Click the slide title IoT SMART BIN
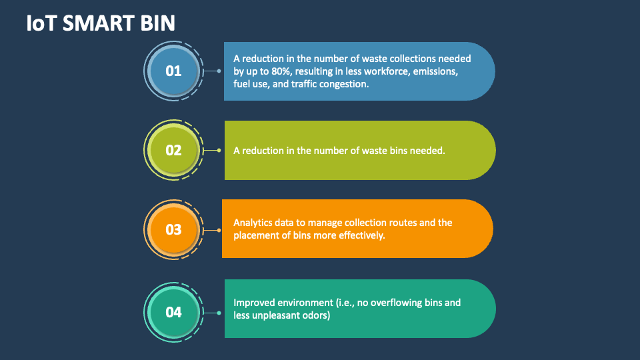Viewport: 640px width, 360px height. point(101,23)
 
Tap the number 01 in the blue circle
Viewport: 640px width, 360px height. point(173,71)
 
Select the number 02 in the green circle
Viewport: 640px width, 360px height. point(173,150)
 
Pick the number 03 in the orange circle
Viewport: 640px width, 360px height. point(173,229)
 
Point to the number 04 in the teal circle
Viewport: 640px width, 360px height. point(173,311)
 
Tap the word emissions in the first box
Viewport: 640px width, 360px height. point(434,71)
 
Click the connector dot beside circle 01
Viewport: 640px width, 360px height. point(219,71)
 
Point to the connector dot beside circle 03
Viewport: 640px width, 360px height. point(219,230)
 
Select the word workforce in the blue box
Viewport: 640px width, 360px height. point(379,71)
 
